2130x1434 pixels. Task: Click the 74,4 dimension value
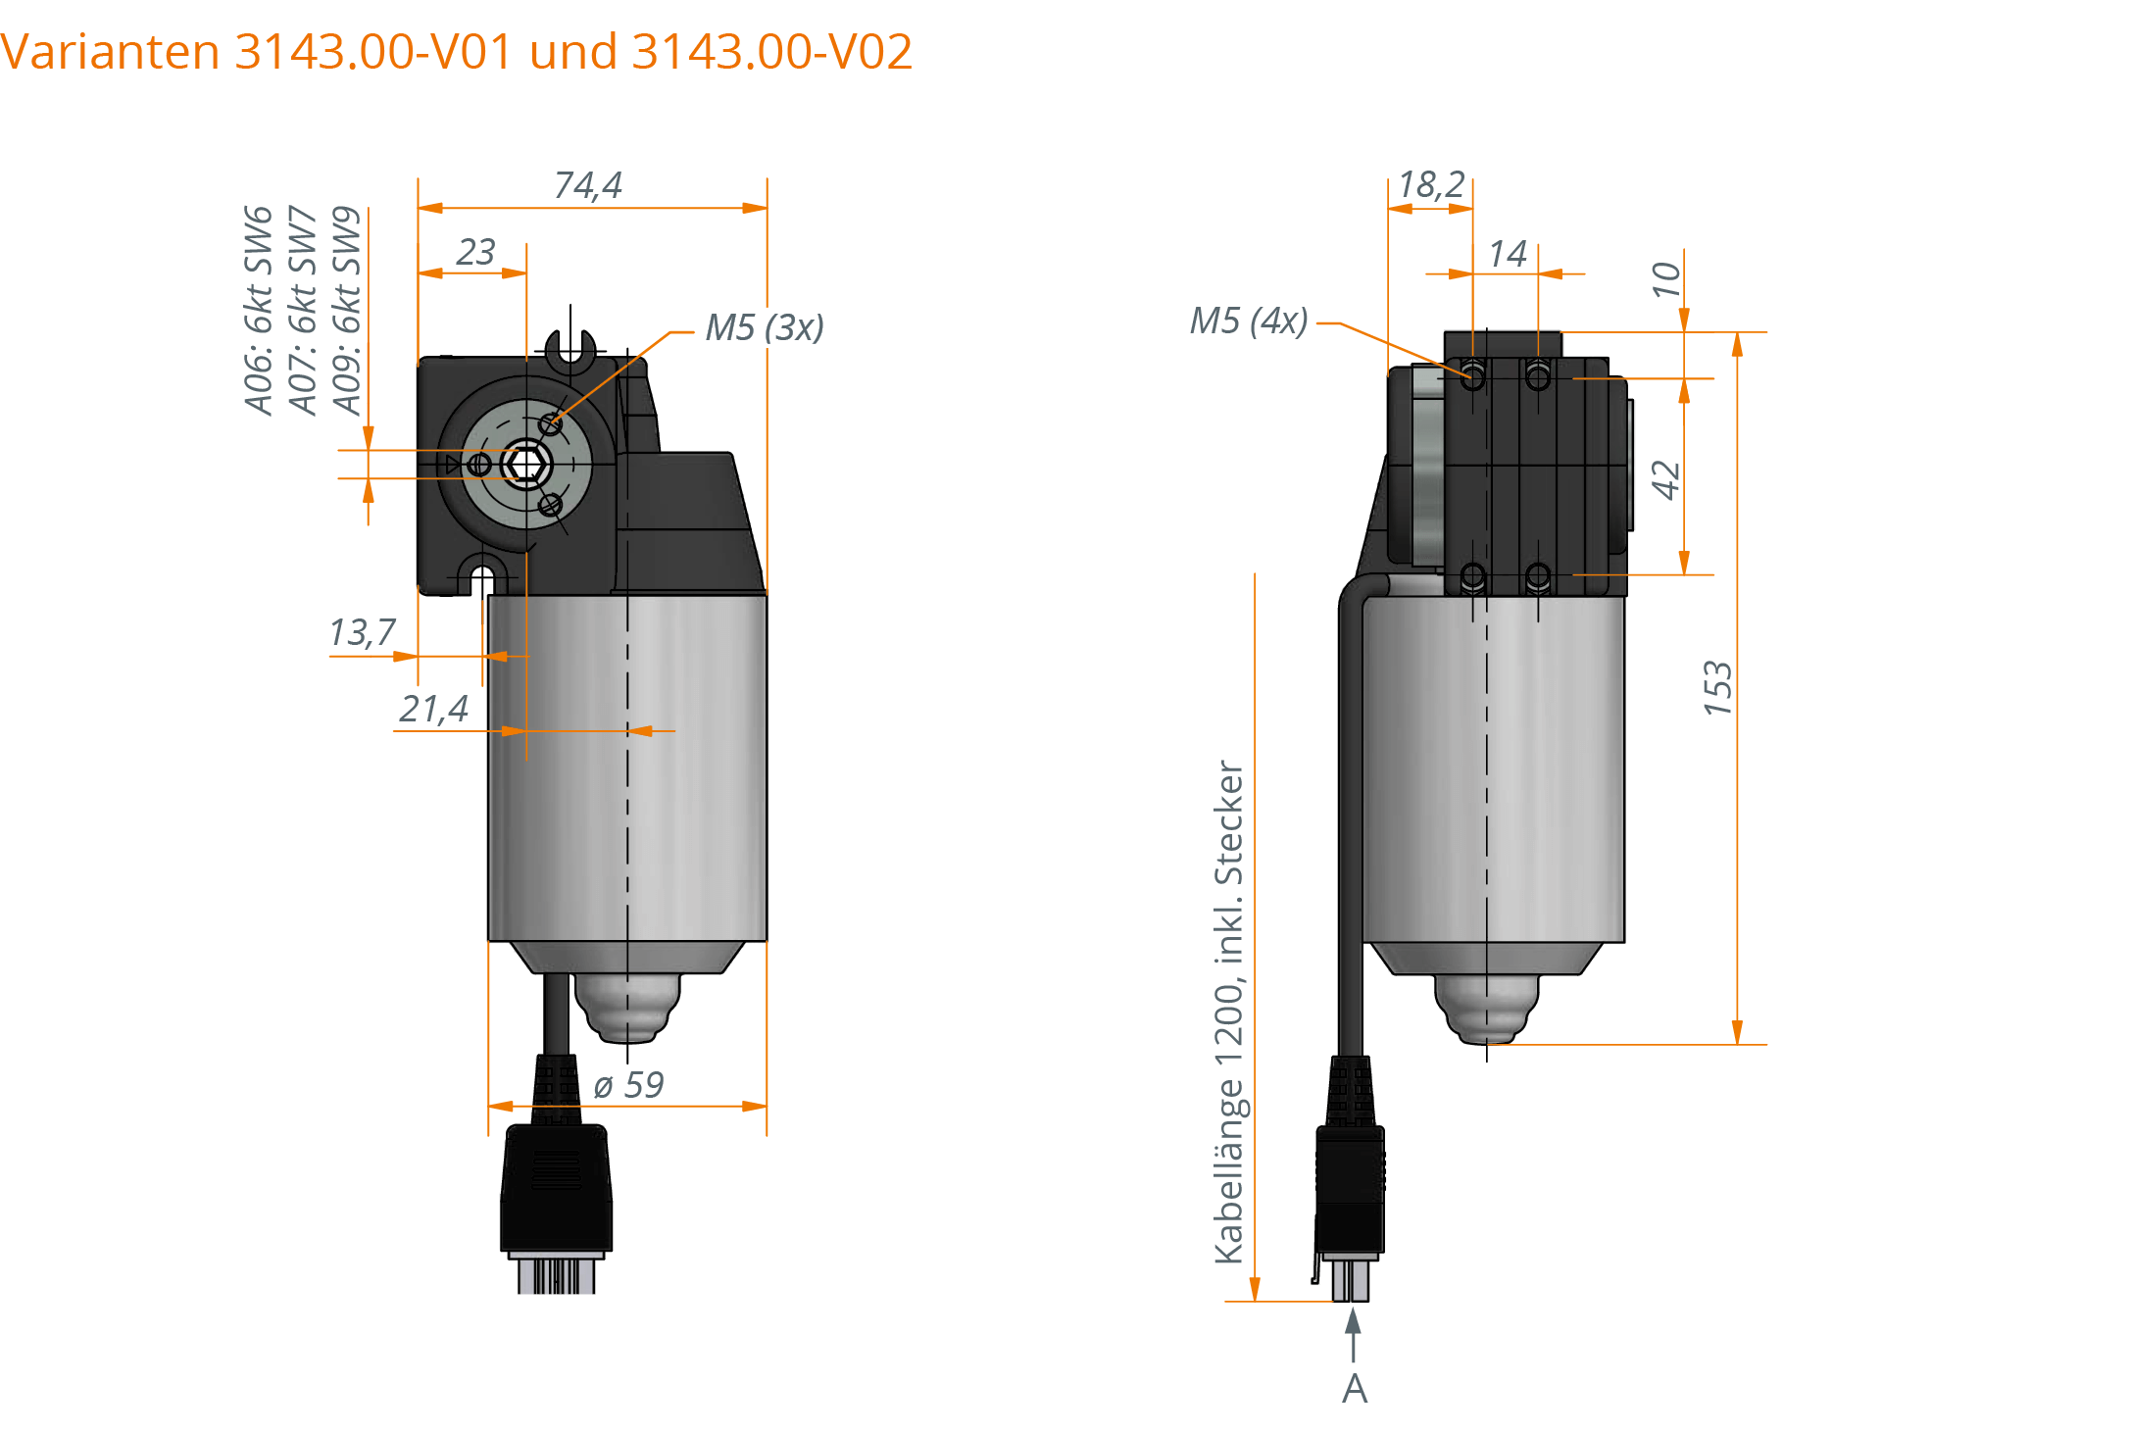588,185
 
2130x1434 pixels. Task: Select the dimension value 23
475,253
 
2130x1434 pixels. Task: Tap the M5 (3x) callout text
765,327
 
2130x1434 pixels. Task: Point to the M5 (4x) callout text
1248,321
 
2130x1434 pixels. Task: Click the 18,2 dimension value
1430,184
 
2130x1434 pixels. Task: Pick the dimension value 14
1507,255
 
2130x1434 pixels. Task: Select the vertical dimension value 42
1665,479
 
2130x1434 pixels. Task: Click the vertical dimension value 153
1717,688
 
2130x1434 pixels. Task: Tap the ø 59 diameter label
628,1085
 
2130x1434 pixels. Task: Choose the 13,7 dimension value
362,633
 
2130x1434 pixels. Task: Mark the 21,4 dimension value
433,709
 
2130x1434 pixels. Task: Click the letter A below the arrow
1354,1389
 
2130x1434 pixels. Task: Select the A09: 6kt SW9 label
346,311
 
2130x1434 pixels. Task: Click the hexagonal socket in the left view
526,465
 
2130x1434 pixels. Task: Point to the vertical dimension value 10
1665,279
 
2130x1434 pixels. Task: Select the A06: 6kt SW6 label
258,311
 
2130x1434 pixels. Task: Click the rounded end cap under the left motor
626,1008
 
